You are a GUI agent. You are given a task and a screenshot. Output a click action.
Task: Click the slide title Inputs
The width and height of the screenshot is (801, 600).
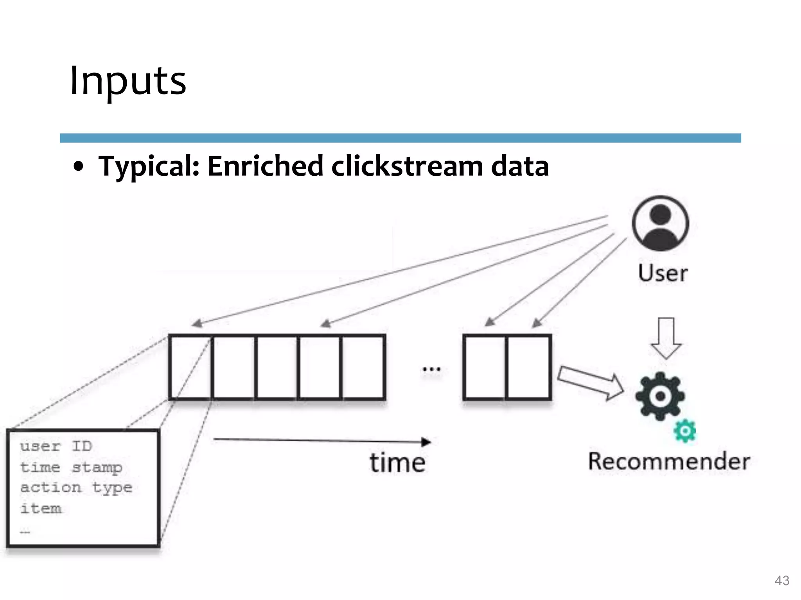[x=128, y=81]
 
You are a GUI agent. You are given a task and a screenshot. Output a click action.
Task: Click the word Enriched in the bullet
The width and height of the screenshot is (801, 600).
[x=265, y=166]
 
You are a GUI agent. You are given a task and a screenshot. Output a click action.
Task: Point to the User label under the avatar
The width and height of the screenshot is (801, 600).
[x=663, y=273]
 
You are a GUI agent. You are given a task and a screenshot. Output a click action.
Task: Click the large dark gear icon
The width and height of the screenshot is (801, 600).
[x=660, y=396]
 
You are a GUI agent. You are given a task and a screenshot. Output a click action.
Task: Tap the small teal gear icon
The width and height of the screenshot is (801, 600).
[x=685, y=431]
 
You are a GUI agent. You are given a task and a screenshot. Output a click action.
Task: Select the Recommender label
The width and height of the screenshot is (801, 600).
[x=669, y=461]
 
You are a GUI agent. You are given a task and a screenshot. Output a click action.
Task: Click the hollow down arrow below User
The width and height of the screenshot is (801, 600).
[x=666, y=338]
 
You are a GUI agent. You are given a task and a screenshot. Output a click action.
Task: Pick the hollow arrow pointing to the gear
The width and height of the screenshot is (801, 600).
[x=591, y=383]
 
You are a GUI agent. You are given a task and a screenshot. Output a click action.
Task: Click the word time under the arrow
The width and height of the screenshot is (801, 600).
[x=397, y=463]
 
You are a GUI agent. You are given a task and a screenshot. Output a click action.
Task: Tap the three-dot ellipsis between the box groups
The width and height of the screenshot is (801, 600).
[x=431, y=369]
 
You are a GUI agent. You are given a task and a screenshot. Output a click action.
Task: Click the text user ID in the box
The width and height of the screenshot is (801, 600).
[x=56, y=446]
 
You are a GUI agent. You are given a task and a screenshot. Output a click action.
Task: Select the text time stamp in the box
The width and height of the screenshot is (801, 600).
[x=71, y=467]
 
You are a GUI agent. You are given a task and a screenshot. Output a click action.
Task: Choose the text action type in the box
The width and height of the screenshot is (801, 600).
[x=76, y=488]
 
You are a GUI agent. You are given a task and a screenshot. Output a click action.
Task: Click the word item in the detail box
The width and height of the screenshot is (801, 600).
[x=41, y=509]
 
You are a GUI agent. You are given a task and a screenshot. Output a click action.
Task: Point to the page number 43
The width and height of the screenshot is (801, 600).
[x=782, y=580]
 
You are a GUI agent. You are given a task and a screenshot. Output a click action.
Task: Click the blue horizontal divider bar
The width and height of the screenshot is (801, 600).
[x=400, y=138]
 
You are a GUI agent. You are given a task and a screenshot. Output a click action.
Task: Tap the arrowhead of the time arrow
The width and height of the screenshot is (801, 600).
[x=426, y=442]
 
